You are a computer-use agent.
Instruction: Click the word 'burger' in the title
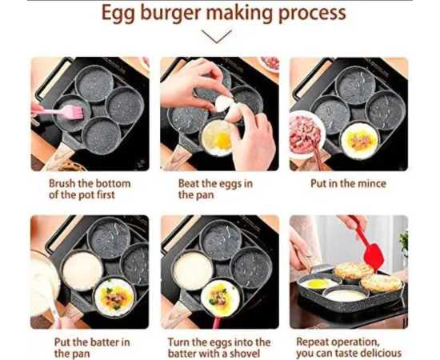click(172, 14)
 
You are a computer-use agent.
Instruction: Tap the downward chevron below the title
click(216, 37)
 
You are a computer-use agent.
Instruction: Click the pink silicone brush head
click(73, 112)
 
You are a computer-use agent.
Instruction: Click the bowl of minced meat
click(306, 134)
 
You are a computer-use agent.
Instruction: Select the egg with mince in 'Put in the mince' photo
click(359, 142)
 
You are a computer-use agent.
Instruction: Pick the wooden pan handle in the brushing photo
click(58, 157)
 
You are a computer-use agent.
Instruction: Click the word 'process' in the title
click(312, 14)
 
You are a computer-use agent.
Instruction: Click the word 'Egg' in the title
click(118, 14)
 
